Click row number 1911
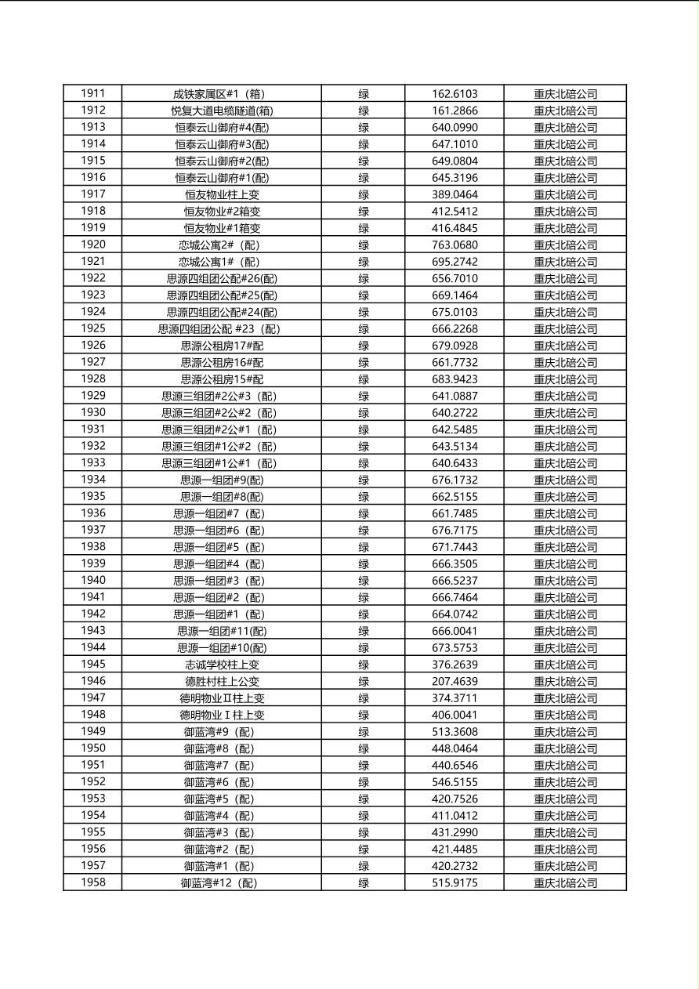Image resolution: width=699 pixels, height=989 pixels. pyautogui.click(x=92, y=93)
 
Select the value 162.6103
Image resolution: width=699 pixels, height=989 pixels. pyautogui.click(x=455, y=93)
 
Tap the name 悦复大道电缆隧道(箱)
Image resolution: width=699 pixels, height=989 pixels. pyautogui.click(x=222, y=110)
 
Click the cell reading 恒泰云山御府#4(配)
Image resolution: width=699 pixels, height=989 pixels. pyautogui.click(x=222, y=127)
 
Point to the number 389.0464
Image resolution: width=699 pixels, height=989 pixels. pyautogui.click(x=455, y=194)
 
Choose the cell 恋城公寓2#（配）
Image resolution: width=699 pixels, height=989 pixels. pyautogui.click(x=222, y=245)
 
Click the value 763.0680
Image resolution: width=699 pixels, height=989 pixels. pyautogui.click(x=455, y=245)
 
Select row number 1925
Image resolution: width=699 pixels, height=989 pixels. pyautogui.click(x=92, y=328)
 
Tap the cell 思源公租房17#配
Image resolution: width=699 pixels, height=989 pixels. pyautogui.click(x=222, y=346)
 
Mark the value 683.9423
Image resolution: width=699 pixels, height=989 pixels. pyautogui.click(x=455, y=379)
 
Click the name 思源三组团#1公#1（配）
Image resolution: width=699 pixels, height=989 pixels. pyautogui.click(x=222, y=463)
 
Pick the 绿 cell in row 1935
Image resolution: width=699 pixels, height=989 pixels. pyautogui.click(x=364, y=497)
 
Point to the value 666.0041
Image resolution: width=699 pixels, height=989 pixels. pyautogui.click(x=455, y=631)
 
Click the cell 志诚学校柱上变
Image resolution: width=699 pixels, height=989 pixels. pyautogui.click(x=222, y=665)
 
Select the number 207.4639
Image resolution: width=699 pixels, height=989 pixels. pyautogui.click(x=455, y=681)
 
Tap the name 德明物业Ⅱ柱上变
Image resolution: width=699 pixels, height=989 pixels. pyautogui.click(x=222, y=698)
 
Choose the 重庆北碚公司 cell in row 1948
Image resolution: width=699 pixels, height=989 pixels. pyautogui.click(x=565, y=715)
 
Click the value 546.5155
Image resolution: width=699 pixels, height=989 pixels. pyautogui.click(x=455, y=782)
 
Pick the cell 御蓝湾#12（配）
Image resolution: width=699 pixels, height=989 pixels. pyautogui.click(x=222, y=883)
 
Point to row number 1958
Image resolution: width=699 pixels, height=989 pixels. pyautogui.click(x=92, y=882)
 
